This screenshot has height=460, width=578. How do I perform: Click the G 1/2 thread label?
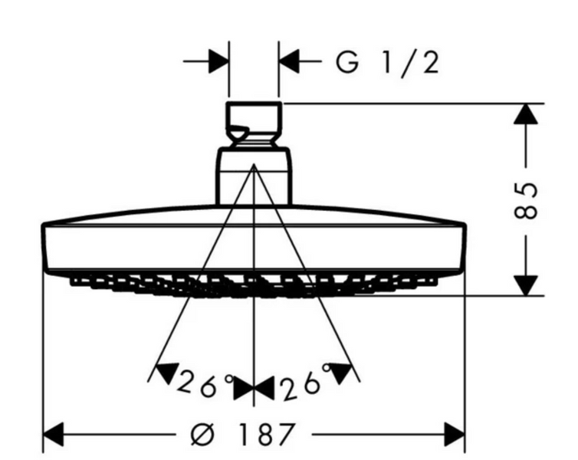387,63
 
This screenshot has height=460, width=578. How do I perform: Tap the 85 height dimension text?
525,200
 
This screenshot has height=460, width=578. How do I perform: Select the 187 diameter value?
267,434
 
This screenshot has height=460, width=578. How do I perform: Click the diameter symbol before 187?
202,434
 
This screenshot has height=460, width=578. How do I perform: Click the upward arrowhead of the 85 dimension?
526,114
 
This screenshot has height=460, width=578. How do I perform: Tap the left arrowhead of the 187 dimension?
54,435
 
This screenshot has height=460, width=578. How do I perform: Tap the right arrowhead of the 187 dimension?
455,435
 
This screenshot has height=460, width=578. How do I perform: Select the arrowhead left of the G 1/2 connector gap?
218,61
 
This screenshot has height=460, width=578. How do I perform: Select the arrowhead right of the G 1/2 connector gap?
289,61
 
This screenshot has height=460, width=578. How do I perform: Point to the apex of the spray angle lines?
254,165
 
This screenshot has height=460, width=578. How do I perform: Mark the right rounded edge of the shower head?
463,248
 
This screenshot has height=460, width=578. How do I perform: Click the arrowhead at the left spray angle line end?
166,373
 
